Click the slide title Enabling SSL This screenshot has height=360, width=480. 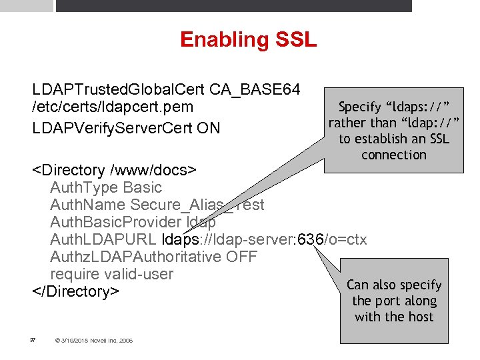(x=248, y=40)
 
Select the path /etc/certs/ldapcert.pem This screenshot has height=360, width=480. (x=113, y=107)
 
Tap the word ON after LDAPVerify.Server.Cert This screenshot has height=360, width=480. (x=208, y=127)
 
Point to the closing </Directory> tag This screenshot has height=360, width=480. (x=75, y=292)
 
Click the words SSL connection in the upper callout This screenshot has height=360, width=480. (x=393, y=147)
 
